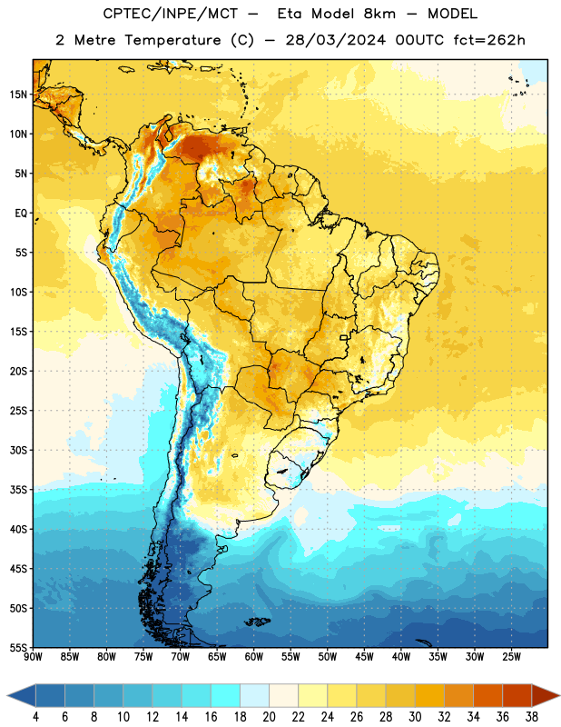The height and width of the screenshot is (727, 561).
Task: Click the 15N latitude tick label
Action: pos(18,95)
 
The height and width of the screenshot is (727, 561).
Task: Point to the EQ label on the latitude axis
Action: pos(21,214)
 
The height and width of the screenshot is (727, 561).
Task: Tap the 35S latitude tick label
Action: pos(18,490)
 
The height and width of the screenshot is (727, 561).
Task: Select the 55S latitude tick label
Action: pos(18,648)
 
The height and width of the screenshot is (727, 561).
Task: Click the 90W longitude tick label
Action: pos(33,657)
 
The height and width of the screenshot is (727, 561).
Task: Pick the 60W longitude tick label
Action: pos(254,657)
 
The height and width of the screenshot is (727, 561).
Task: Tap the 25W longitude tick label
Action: pos(512,657)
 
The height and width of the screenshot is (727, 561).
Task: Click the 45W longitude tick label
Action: pos(365,657)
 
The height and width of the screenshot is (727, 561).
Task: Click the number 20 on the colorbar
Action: pos(269,717)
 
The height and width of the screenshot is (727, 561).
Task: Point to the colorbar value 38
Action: pos(532,717)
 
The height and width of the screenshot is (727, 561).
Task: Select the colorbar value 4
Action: pos(35,717)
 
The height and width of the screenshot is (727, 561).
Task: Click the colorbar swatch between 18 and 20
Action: pos(255,696)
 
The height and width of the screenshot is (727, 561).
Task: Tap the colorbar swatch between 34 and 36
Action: pos(488,696)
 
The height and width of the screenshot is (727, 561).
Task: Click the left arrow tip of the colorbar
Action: pos(7,696)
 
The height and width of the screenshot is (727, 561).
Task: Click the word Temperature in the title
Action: pos(172,41)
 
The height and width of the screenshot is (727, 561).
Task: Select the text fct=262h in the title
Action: pos(489,40)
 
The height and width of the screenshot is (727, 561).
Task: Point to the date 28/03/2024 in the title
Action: pos(335,40)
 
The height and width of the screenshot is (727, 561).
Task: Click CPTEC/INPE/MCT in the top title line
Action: pos(171,14)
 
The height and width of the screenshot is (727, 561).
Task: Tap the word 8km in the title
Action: pos(379,14)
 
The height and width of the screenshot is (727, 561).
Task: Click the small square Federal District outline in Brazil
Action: pos(344,338)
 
